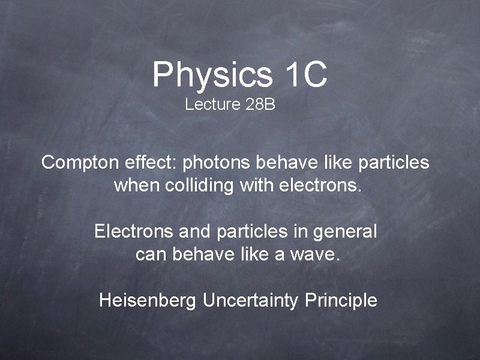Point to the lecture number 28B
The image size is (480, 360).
260,105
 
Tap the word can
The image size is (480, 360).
151,254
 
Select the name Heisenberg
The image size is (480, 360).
148,300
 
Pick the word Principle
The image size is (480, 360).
341,300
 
